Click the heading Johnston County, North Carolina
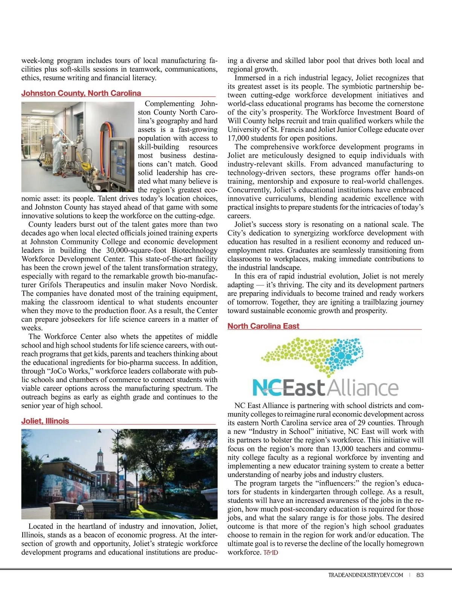point(81,93)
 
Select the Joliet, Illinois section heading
point(45,421)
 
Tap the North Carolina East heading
point(263,326)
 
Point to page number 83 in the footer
point(420,575)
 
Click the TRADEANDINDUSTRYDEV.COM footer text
point(365,575)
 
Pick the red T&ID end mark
point(270,553)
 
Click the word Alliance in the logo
point(361,388)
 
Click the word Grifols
point(51,285)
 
